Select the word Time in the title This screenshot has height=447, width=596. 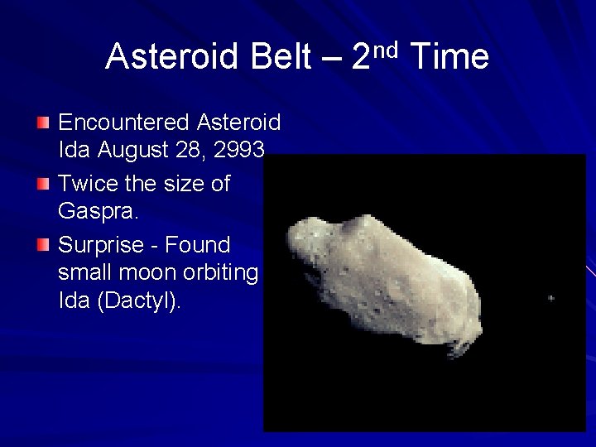[x=449, y=57]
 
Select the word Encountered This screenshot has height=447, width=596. [x=124, y=123]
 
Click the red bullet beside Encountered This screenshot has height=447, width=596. [x=43, y=123]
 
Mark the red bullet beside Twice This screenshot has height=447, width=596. [x=43, y=184]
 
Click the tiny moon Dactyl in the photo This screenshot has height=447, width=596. [x=551, y=298]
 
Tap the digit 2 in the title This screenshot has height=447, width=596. [x=362, y=57]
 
